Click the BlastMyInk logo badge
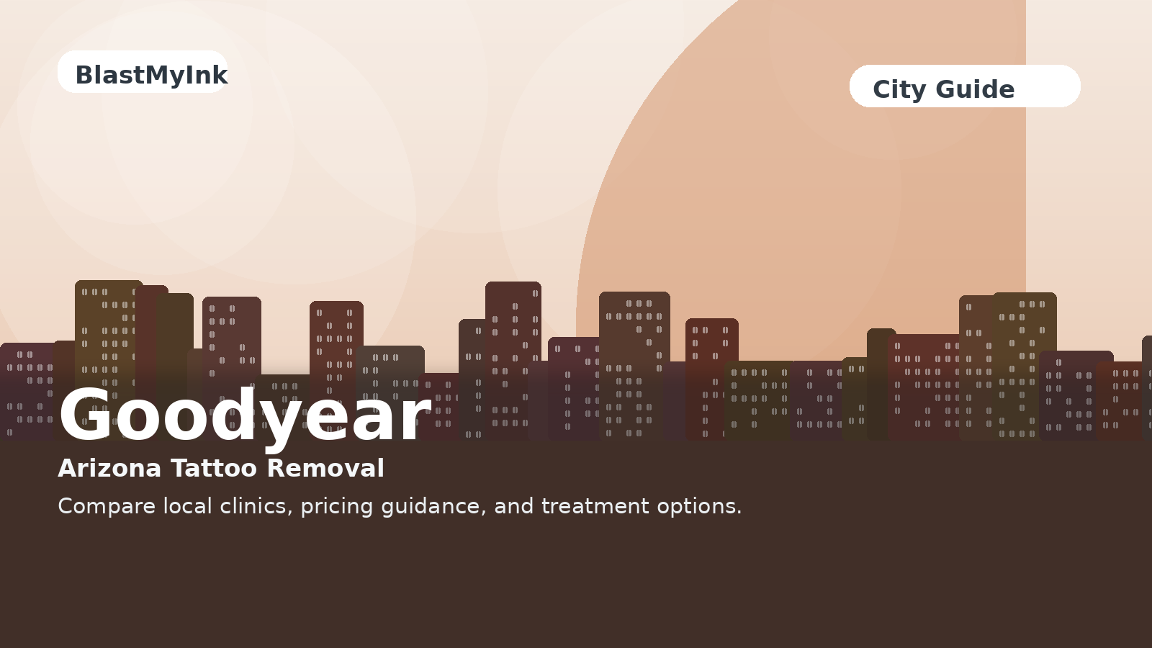(x=143, y=71)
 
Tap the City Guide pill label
(x=965, y=86)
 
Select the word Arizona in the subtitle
(x=109, y=469)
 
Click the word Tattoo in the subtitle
(x=214, y=469)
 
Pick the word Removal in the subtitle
(x=325, y=469)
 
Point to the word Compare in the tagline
(x=107, y=507)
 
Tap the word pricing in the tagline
(x=337, y=507)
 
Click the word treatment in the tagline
(x=595, y=507)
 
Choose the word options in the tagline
(x=699, y=507)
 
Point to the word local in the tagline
(x=188, y=506)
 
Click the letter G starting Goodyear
(x=86, y=415)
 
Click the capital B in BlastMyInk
(x=85, y=75)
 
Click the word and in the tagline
(x=514, y=506)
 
